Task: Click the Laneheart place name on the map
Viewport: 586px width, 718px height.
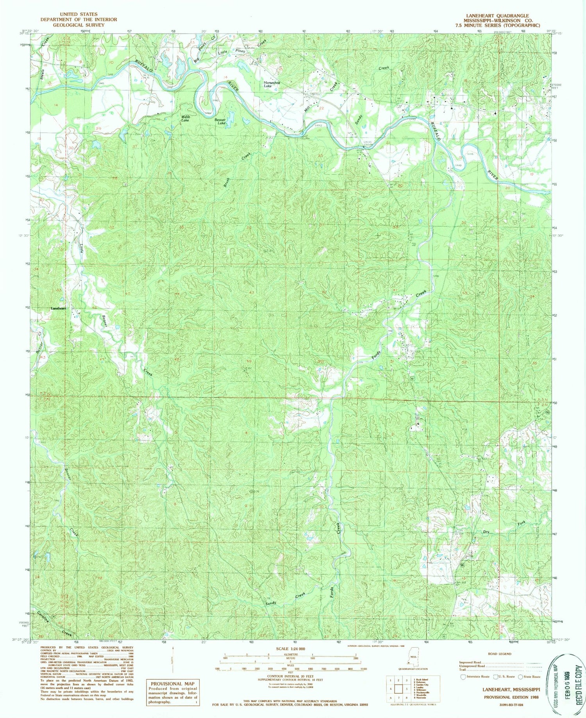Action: pyautogui.click(x=59, y=308)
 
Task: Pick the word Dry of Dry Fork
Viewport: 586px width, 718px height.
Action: pyautogui.click(x=486, y=532)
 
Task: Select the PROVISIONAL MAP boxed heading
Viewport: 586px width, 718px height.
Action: pyautogui.click(x=172, y=683)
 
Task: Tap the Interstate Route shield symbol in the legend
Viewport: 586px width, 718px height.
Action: pyautogui.click(x=463, y=677)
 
